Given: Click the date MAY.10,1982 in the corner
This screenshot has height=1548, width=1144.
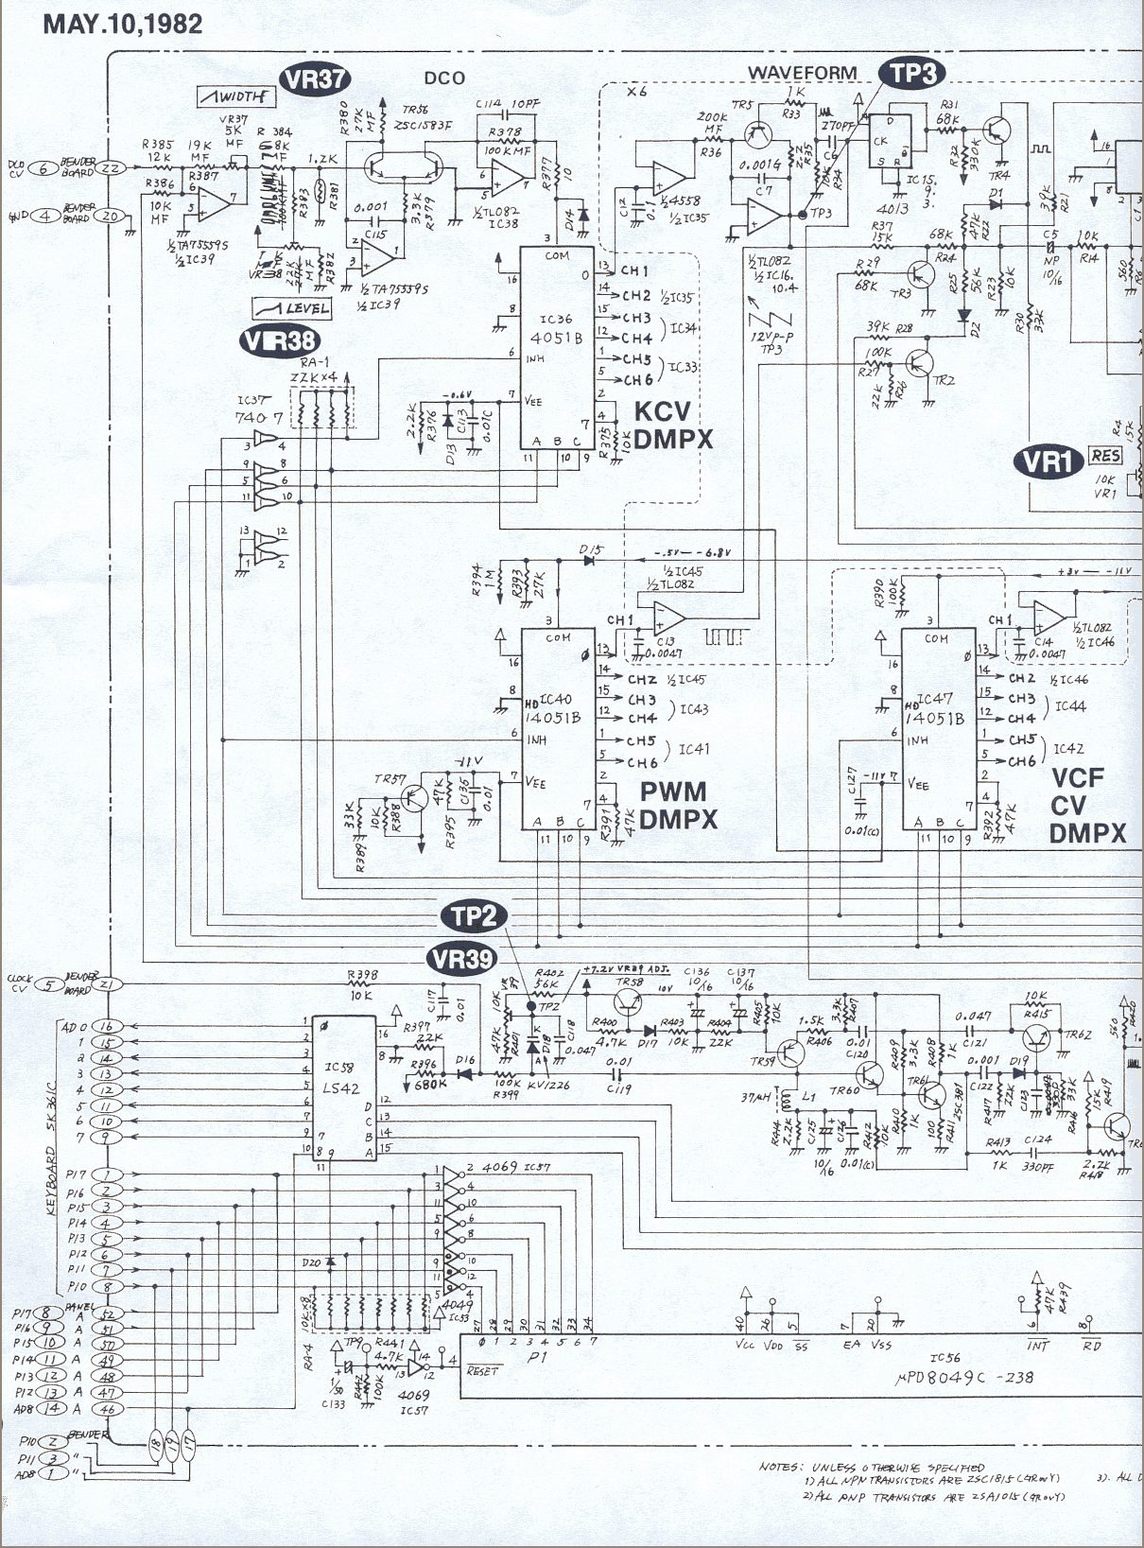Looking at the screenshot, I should (123, 24).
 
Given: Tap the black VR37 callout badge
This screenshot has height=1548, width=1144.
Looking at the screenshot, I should (316, 79).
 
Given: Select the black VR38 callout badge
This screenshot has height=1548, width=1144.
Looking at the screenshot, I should (279, 340).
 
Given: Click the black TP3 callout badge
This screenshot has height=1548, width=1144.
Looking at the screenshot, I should (912, 74).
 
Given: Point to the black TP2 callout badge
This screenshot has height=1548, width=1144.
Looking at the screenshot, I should (474, 916).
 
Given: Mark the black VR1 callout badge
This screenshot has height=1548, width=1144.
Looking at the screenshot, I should (1048, 461).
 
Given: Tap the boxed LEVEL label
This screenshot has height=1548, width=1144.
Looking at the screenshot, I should (292, 308).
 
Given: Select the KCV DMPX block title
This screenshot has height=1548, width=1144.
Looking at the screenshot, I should (672, 426).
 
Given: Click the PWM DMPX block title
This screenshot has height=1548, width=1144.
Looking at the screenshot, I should (677, 806).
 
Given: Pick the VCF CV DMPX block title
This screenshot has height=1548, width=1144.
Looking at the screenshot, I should (1086, 806).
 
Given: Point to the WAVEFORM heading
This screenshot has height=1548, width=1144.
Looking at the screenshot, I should (802, 73).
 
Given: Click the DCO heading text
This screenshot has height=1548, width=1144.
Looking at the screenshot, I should (444, 78).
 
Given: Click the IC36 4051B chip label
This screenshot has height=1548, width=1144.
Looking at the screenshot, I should (556, 329).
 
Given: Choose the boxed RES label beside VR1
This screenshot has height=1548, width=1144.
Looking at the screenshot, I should (1105, 456).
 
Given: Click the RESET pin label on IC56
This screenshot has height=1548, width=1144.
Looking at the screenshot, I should (482, 1371).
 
